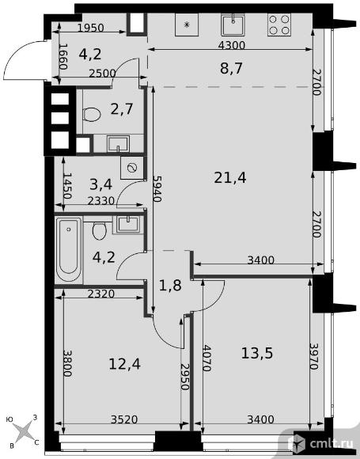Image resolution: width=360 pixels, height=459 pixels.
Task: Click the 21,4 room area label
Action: click(230, 178)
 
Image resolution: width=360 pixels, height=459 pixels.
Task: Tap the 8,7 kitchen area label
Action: click(231, 69)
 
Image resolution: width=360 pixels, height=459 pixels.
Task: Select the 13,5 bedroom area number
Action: click(257, 353)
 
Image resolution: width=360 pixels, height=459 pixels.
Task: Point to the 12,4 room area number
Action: click(124, 364)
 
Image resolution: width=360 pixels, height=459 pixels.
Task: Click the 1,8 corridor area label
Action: click(170, 286)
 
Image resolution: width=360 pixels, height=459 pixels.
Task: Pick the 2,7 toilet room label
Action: click(122, 109)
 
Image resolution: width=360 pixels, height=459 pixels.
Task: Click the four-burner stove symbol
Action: click(279, 25)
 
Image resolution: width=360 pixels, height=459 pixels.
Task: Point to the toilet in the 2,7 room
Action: click(91, 114)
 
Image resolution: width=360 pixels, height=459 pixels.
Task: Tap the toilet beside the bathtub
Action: click(100, 231)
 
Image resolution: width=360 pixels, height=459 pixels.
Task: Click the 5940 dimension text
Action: click(157, 189)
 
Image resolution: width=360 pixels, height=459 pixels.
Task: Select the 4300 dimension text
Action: click(232, 45)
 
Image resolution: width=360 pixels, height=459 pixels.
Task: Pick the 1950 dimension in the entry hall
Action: click(91, 28)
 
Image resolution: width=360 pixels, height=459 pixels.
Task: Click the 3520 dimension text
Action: click(124, 419)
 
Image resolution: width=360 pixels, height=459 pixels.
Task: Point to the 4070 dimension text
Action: click(207, 358)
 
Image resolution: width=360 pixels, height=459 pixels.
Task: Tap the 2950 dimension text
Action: click(184, 377)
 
